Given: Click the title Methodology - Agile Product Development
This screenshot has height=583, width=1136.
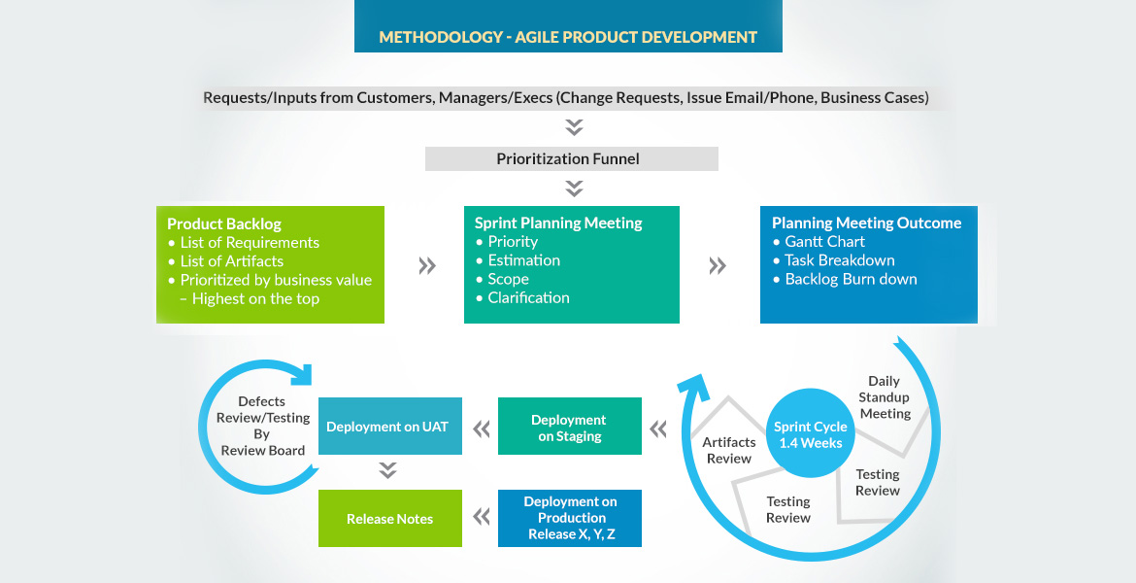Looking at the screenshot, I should (568, 37).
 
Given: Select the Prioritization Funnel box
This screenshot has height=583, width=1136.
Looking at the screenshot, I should (571, 158).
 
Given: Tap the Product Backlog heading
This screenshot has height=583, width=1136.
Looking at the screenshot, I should (224, 223).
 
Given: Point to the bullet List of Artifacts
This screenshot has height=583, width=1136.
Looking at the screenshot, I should (231, 260).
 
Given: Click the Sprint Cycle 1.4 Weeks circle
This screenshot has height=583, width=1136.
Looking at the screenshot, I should (810, 434).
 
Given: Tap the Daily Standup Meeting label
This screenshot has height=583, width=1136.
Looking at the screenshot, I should (884, 397).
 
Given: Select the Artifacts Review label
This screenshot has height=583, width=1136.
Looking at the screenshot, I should (728, 450).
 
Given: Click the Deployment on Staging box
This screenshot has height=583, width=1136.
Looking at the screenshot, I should (570, 428).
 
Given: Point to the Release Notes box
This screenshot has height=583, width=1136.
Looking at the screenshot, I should (389, 519).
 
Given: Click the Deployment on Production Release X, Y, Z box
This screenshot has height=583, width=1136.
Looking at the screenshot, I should (570, 518).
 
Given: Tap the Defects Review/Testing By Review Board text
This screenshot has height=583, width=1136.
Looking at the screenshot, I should (262, 426).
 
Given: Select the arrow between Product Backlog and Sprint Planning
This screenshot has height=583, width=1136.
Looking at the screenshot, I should (426, 266).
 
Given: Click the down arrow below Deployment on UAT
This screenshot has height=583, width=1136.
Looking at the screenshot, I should (388, 471).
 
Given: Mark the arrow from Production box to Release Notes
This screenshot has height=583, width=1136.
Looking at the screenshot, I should (481, 517).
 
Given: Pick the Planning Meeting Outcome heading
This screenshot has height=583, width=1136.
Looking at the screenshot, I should (866, 223).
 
